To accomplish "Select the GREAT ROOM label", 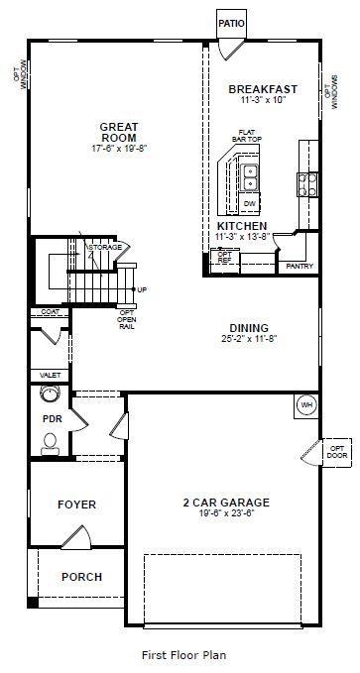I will click(x=118, y=132).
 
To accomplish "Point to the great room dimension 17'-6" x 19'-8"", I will click(x=118, y=148).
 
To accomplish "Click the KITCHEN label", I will click(x=241, y=226).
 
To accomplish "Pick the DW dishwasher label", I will click(x=250, y=203).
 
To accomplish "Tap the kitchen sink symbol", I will click(x=251, y=177).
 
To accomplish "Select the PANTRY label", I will click(x=300, y=266).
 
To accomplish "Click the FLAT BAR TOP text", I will click(x=245, y=136).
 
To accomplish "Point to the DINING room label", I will click(x=249, y=327).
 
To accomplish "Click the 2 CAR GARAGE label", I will click(x=227, y=502).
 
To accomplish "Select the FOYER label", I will click(x=76, y=505).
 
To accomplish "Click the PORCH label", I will click(x=81, y=577).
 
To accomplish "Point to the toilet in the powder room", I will click(x=51, y=445).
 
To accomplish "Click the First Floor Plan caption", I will click(x=183, y=655).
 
